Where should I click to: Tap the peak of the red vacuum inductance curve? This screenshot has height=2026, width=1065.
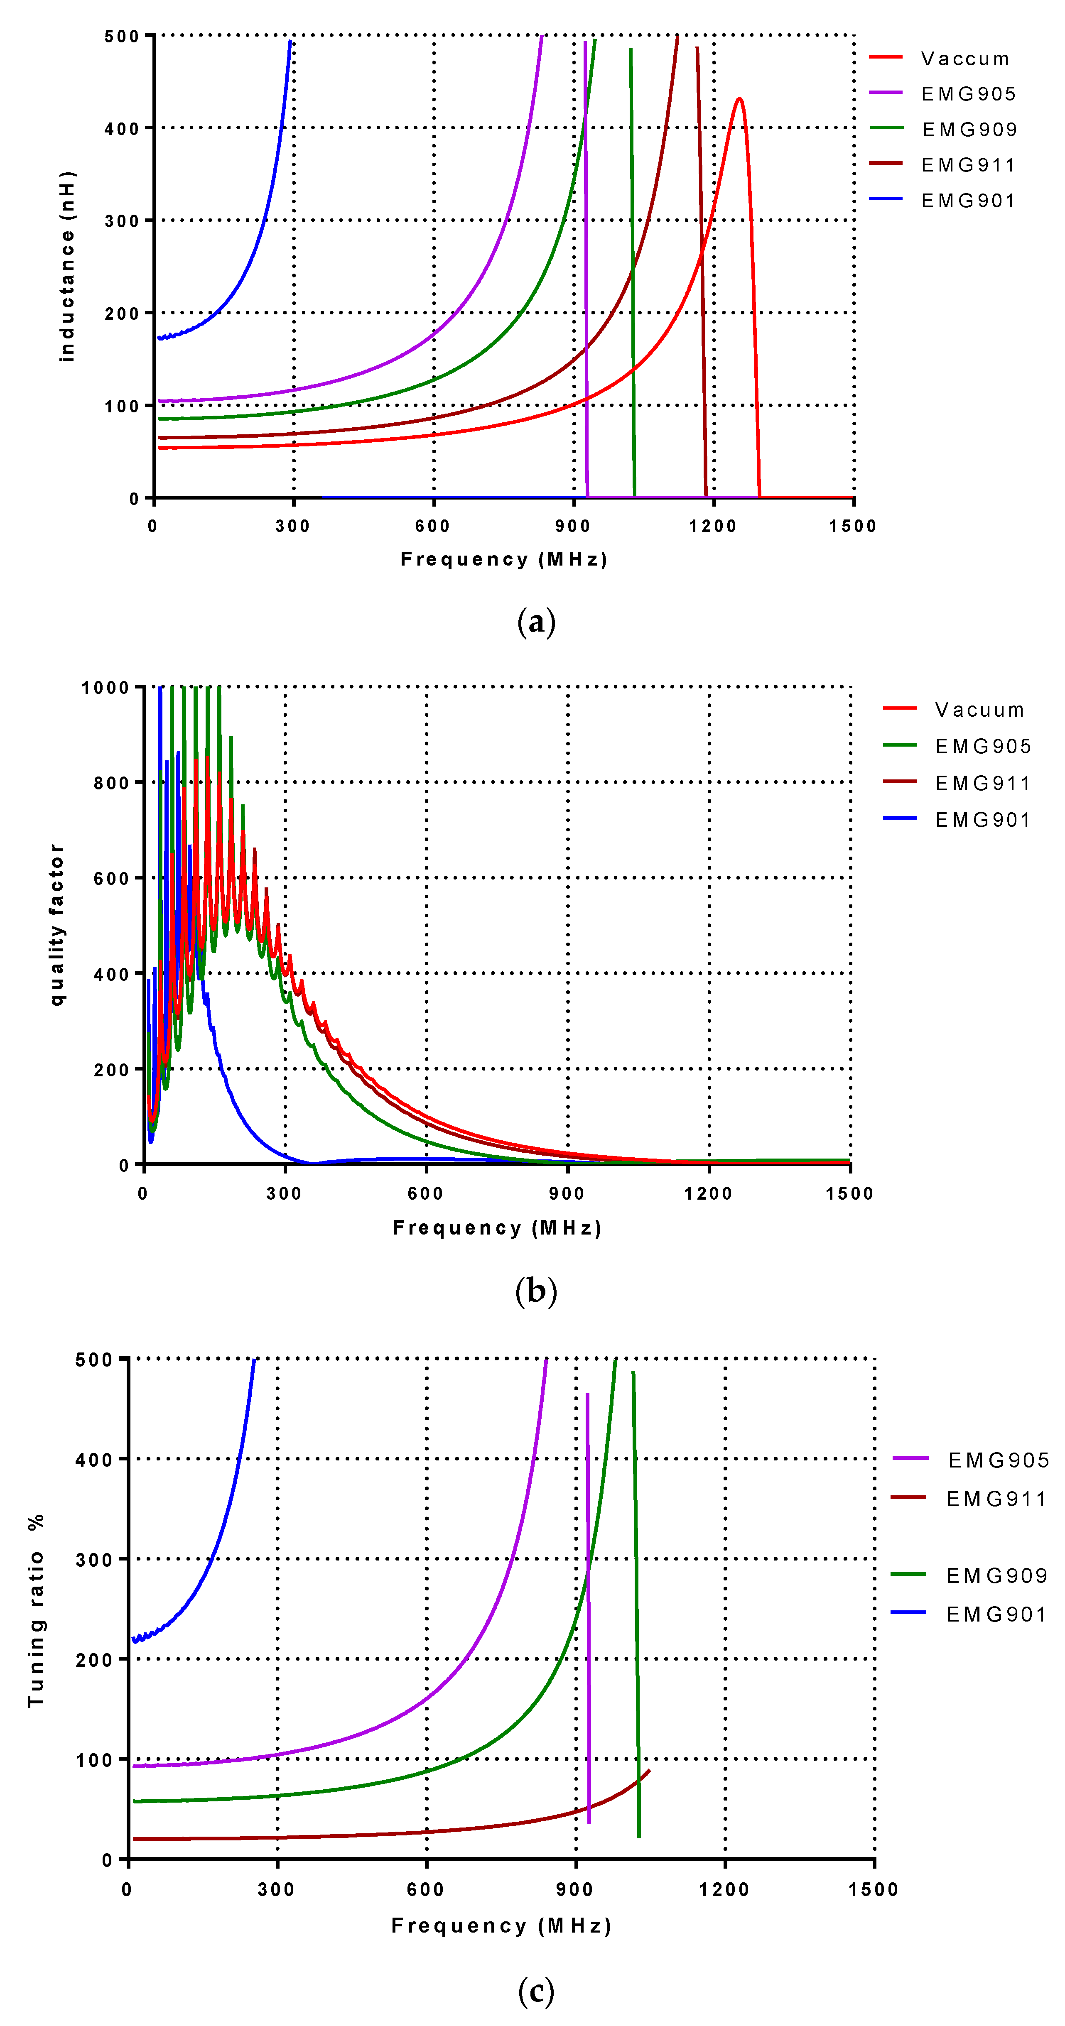pyautogui.click(x=739, y=99)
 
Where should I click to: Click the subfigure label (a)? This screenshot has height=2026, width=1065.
pyautogui.click(x=536, y=622)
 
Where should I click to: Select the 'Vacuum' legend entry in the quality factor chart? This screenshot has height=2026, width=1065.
pyautogui.click(x=979, y=710)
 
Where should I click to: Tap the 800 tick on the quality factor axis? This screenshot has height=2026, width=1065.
pyautogui.click(x=111, y=783)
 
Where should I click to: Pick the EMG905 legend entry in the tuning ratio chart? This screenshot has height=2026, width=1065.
pyautogui.click(x=998, y=1460)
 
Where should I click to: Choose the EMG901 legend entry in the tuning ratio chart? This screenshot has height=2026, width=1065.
pyautogui.click(x=996, y=1614)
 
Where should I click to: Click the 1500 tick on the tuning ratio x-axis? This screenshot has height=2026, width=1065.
pyautogui.click(x=873, y=1890)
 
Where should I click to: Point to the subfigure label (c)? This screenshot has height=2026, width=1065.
pyautogui.click(x=536, y=1992)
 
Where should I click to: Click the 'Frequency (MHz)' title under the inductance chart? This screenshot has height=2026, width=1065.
pyautogui.click(x=503, y=559)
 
